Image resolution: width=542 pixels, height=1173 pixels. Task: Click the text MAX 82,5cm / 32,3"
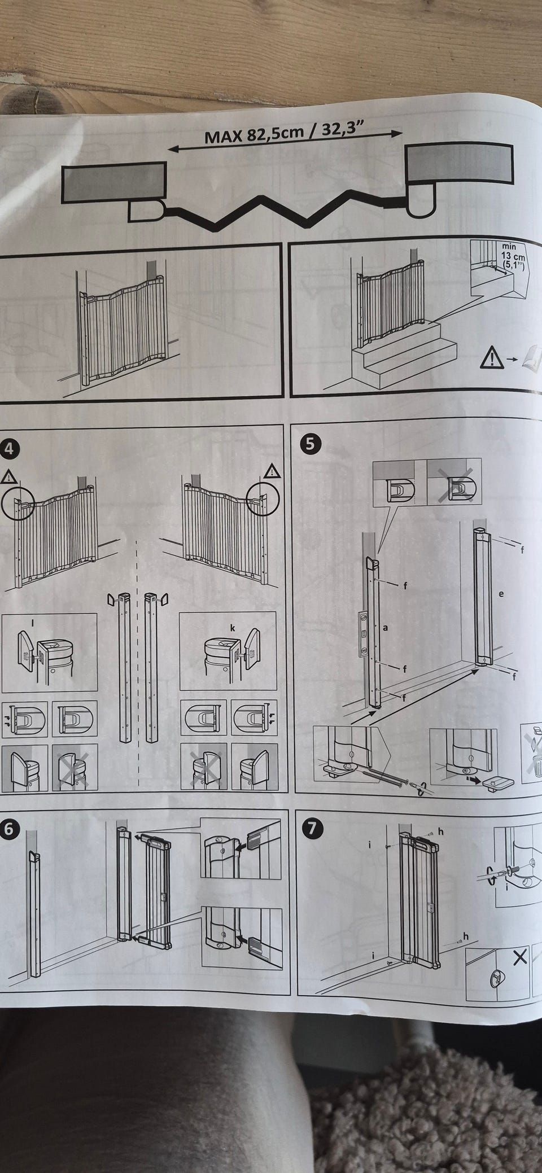(x=286, y=133)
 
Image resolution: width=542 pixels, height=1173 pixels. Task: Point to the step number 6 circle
(x=10, y=828)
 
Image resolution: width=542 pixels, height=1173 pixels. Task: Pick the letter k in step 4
(x=233, y=628)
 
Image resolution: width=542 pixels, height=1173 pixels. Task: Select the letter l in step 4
(x=33, y=623)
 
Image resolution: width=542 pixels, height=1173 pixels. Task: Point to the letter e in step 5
(x=501, y=593)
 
